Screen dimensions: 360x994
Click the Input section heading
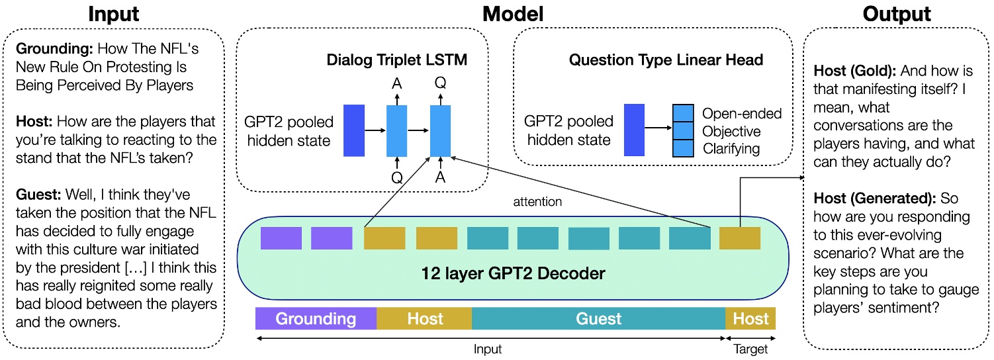114,14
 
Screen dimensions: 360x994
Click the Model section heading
513,14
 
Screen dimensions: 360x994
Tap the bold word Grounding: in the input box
54,50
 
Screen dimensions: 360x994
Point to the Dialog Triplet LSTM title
397,60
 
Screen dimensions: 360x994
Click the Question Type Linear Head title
666,60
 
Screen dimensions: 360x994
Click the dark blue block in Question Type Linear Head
635,130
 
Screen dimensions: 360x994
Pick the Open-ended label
741,114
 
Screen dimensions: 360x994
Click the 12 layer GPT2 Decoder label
514,273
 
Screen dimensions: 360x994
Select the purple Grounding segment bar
316,319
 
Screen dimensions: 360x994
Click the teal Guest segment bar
598,319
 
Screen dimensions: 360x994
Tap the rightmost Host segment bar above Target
750,319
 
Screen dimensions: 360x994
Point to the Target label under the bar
750,349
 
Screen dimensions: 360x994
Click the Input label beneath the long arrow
488,349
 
